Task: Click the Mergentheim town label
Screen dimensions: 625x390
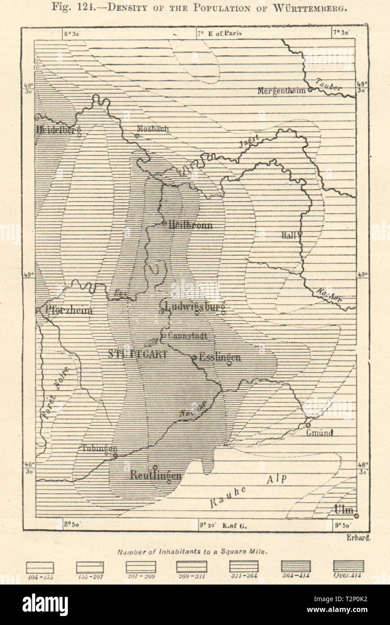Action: pos(281,90)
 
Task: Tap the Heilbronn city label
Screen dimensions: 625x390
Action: pos(190,226)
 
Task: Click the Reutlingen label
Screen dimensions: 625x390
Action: pos(155,475)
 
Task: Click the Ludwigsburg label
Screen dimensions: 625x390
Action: pos(195,306)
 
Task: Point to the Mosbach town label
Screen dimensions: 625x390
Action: pos(153,129)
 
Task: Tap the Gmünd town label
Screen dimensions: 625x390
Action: pos(320,433)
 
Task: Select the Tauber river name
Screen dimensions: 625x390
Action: pos(329,84)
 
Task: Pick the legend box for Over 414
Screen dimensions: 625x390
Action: pos(348,566)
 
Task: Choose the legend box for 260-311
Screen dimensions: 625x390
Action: pos(191,566)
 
